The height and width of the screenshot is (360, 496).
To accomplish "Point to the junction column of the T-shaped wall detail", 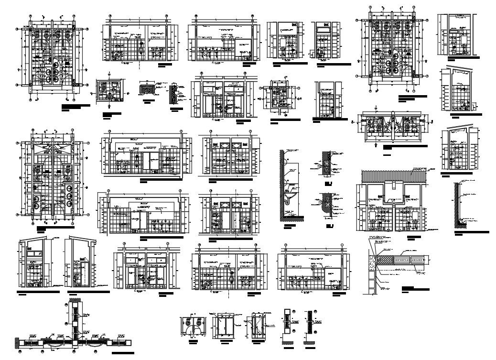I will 75,340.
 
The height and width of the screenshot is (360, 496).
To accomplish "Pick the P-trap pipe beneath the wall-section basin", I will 288,207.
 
